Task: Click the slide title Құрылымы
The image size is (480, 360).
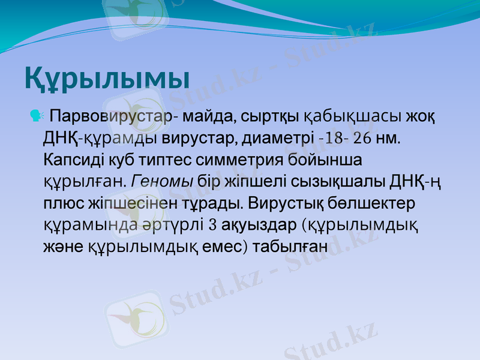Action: pyautogui.click(x=107, y=79)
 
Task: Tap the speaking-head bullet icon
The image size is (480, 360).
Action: pyautogui.click(x=35, y=114)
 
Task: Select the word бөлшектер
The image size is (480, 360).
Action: pyautogui.click(x=380, y=203)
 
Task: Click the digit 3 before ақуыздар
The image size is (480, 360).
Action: pyautogui.click(x=212, y=226)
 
